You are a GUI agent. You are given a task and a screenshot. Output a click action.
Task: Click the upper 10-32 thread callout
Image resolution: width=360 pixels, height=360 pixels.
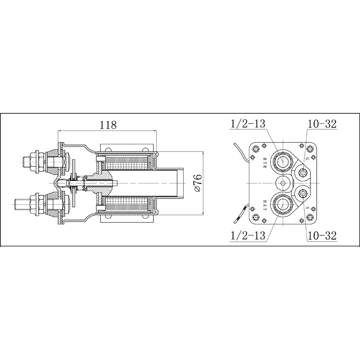[x=322, y=125]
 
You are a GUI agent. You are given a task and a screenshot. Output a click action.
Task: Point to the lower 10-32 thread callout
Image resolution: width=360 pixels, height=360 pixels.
[x=322, y=235]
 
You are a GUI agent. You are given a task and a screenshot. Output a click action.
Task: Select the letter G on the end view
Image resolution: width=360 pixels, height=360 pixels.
[x=307, y=158]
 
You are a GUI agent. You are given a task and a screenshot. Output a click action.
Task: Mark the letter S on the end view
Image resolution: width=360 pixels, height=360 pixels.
[x=307, y=208]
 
